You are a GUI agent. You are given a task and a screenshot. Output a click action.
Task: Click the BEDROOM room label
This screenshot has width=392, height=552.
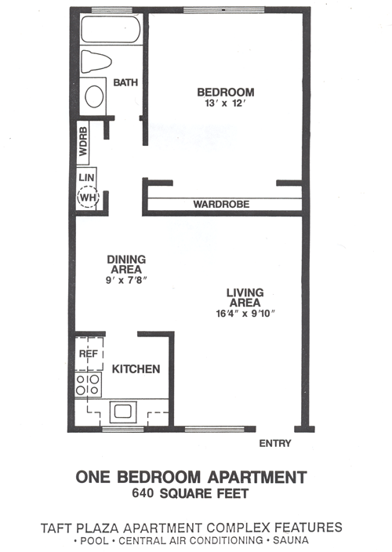[x=225, y=93]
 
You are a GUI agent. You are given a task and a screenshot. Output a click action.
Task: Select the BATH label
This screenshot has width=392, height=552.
[x=125, y=82]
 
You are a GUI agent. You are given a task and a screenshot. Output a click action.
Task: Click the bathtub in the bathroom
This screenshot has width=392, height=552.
[x=111, y=31]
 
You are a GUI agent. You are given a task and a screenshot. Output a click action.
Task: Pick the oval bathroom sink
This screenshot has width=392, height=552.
[x=94, y=96]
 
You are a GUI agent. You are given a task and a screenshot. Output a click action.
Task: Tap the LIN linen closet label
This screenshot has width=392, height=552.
[x=86, y=179]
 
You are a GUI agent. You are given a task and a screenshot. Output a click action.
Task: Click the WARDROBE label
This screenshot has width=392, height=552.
[x=221, y=205]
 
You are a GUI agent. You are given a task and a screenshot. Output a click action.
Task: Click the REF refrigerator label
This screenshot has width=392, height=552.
[x=87, y=354]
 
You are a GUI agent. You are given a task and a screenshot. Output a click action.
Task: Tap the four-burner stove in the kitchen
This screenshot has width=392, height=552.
[x=87, y=384]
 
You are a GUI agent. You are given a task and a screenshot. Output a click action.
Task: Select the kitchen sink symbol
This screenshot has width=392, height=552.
[x=123, y=410]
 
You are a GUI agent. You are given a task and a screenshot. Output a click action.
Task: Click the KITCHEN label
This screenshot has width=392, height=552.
[x=136, y=369]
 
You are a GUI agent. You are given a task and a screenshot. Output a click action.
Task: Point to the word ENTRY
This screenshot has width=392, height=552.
[x=274, y=444]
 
